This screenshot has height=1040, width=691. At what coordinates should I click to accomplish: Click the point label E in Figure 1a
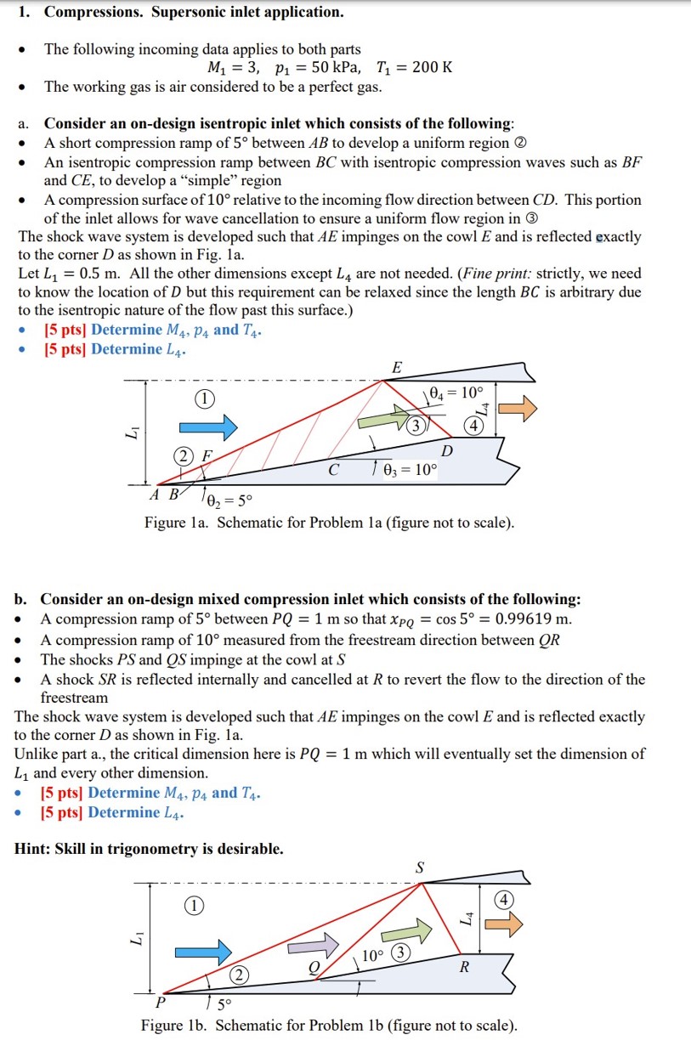pos(396,367)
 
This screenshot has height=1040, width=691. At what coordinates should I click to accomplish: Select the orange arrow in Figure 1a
pos(518,409)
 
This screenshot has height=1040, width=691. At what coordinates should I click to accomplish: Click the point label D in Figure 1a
pos(447,450)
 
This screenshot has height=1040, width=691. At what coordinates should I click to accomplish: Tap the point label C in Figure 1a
pos(333,469)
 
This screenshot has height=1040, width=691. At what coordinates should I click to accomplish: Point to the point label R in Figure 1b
pos(464,967)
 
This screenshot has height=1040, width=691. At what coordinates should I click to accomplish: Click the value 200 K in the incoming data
pos(432,68)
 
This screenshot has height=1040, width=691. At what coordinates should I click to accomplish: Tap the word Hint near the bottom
pos(33,848)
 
